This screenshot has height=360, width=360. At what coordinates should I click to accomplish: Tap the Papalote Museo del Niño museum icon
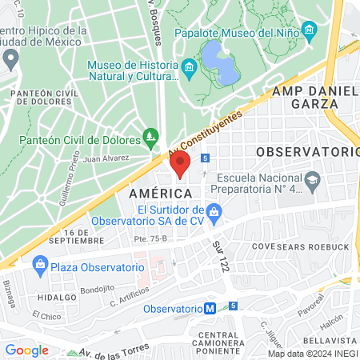coord(310,33)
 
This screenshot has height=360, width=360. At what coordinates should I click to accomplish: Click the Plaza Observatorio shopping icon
coord(38,265)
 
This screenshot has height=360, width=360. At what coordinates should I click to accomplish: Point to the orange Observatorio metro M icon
coord(210,308)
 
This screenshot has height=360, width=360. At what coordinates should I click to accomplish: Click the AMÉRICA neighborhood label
coord(160,194)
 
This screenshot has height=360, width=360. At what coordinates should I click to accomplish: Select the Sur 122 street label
coord(222,255)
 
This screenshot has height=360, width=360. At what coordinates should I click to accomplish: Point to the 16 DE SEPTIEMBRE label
coord(78,236)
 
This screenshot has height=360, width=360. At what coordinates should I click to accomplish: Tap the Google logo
coord(27,350)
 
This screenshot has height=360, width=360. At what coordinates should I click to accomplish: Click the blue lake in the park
coord(220,62)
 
